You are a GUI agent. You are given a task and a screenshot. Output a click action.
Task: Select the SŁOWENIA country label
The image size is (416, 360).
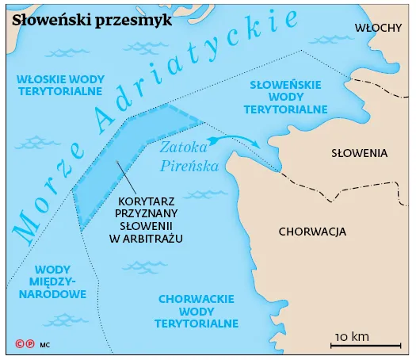[x=358, y=152]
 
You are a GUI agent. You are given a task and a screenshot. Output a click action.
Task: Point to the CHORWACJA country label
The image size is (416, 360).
[x=313, y=232]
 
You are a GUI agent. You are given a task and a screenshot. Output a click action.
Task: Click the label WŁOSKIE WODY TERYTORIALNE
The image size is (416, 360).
[x=60, y=85]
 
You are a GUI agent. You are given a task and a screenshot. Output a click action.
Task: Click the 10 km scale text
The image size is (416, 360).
[x=352, y=336]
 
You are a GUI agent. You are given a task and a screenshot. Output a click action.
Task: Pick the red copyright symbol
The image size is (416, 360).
[x=20, y=345]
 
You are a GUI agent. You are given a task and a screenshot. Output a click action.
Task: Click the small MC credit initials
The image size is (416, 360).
[x=44, y=346]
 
